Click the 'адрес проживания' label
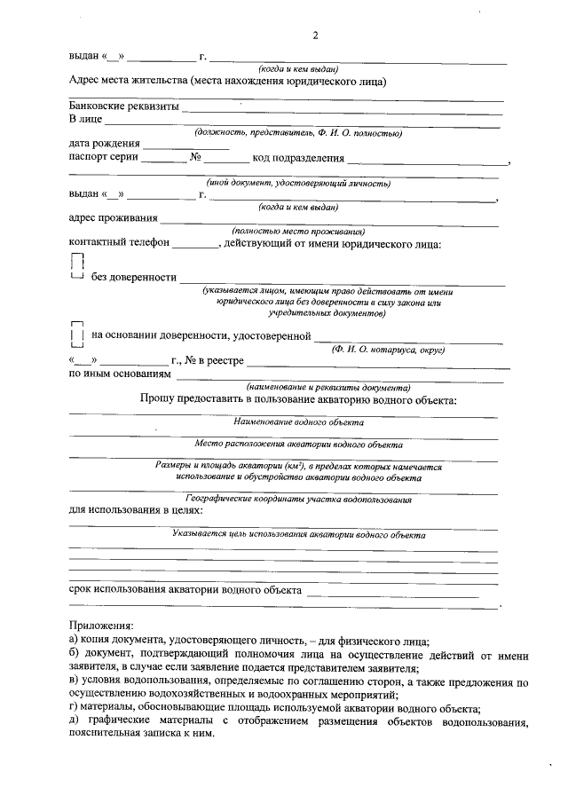114,216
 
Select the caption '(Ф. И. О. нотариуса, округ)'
388,350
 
